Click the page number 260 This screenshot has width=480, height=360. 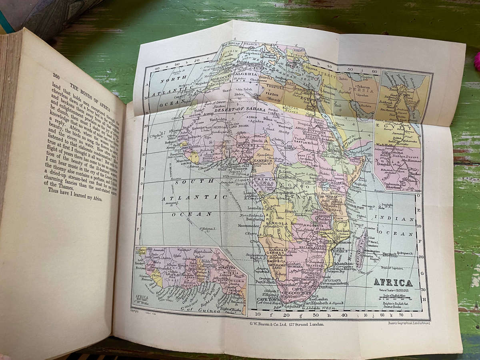point(56,76)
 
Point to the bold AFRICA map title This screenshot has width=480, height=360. point(393,282)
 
